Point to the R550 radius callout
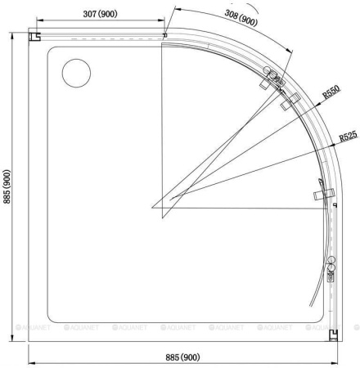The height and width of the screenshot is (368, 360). (x=331, y=93)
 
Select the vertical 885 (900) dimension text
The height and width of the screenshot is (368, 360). (x=7, y=189)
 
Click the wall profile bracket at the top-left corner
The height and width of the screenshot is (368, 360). (x=35, y=37)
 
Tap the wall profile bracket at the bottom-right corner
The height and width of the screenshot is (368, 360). (x=333, y=334)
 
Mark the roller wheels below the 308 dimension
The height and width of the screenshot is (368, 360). (x=272, y=80)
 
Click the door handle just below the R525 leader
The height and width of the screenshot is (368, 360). (x=323, y=194)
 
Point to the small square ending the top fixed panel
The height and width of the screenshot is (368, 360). (x=164, y=35)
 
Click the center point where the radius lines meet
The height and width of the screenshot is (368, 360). (x=152, y=208)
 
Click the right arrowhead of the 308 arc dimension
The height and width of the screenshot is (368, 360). (x=290, y=55)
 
